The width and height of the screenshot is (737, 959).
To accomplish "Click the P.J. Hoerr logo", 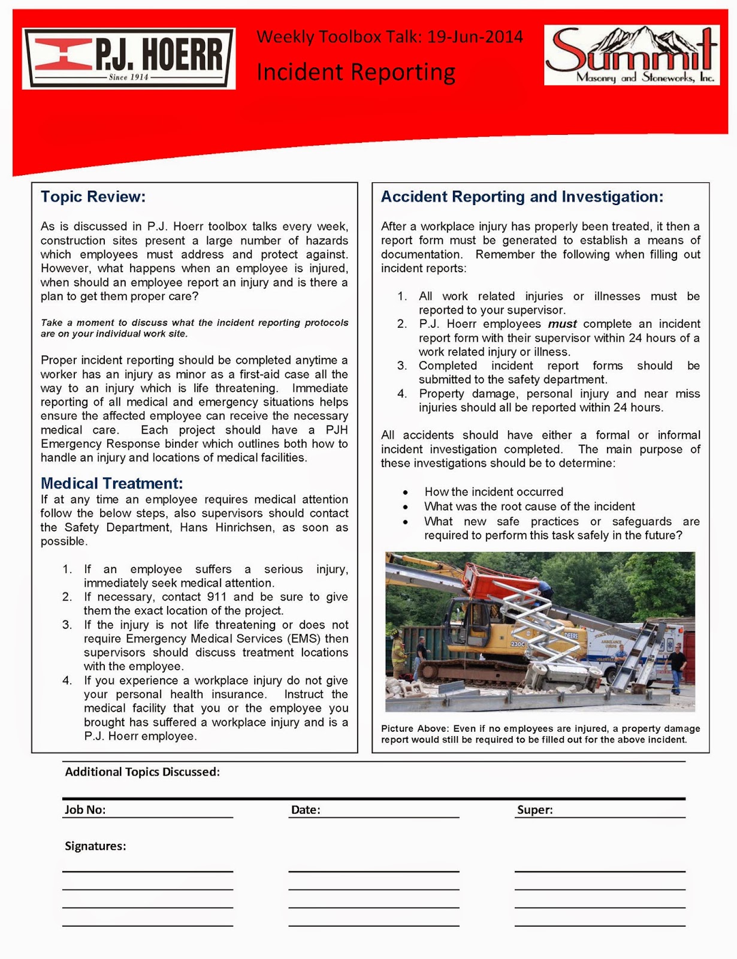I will click(x=128, y=59).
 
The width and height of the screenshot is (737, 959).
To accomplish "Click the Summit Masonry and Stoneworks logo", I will click(x=632, y=55).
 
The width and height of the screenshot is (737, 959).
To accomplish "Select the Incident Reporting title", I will click(x=356, y=72).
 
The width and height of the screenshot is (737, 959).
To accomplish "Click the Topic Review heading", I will click(x=93, y=197).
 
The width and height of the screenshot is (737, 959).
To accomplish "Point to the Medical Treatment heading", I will click(x=111, y=483).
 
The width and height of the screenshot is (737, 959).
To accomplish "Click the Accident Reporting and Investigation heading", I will click(x=522, y=197).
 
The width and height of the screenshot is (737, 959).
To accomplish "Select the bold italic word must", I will click(x=562, y=324).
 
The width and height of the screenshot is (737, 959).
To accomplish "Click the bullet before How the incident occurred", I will click(x=406, y=493).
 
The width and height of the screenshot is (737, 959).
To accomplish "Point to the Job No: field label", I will click(x=85, y=810).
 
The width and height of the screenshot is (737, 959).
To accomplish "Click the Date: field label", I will click(x=306, y=810).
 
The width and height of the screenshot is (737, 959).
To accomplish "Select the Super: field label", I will click(x=534, y=810).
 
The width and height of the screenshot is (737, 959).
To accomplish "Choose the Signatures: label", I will click(x=95, y=846).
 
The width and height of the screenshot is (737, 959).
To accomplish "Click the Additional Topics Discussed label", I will click(x=142, y=772).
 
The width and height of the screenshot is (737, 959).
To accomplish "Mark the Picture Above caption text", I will click(x=540, y=734).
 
